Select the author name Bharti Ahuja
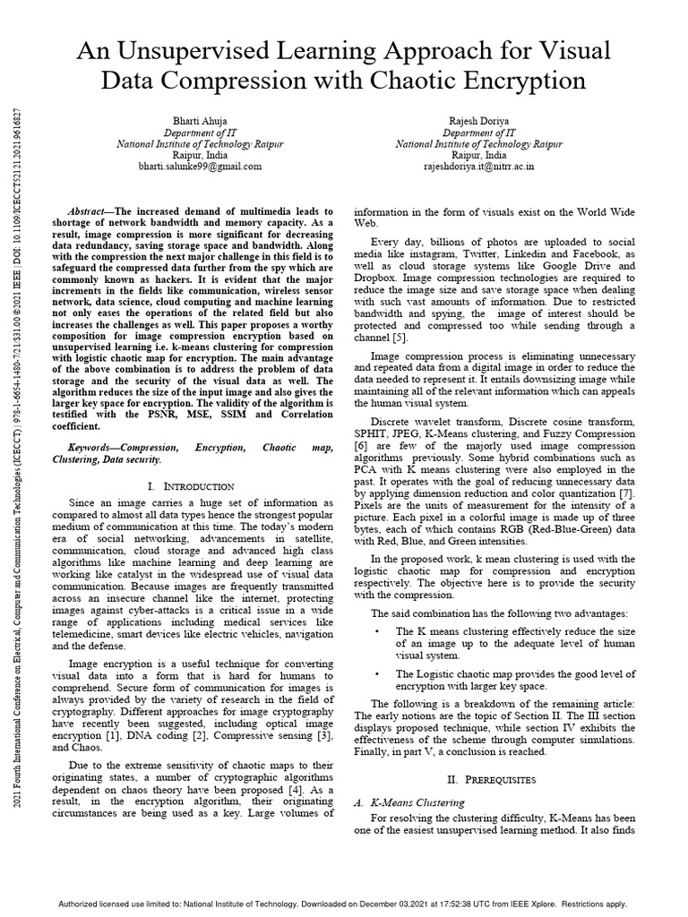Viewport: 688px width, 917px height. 201,120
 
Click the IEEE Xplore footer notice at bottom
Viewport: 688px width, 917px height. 344,904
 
